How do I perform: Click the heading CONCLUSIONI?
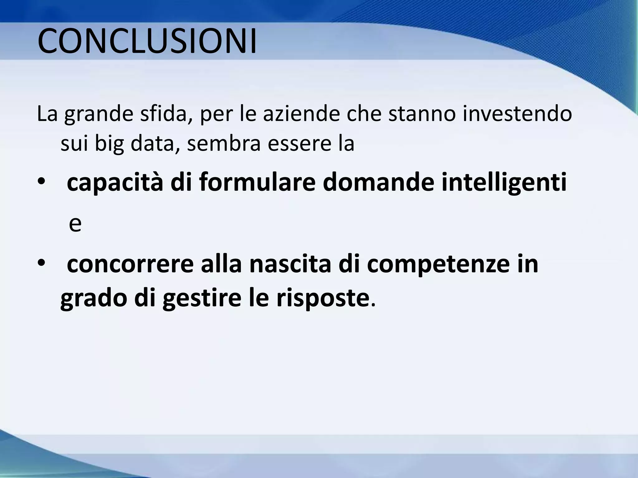pos(147,42)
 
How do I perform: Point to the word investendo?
pos(517,114)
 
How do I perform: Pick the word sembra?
pos(223,143)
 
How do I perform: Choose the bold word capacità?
pos(115,182)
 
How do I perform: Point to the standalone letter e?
pos(75,224)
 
